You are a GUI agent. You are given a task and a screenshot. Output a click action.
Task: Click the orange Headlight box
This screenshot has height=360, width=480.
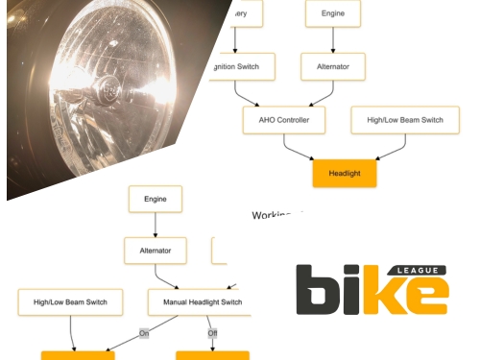[345, 173]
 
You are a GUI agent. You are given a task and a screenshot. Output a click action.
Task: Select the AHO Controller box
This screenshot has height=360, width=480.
[284, 120]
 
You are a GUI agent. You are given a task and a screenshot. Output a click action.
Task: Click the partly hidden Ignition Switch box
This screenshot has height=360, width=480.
[241, 66]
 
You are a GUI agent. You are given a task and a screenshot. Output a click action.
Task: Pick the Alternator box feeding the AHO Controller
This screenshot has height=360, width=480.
[332, 66]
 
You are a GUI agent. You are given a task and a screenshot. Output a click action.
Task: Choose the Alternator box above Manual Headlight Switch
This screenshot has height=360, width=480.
[156, 251]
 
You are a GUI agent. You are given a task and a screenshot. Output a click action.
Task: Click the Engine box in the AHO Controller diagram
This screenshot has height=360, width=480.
[332, 14]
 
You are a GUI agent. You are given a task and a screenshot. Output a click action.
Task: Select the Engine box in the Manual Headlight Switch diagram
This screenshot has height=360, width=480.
[156, 199]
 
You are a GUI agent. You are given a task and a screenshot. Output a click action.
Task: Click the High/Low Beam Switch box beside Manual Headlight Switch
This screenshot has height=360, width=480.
[70, 302]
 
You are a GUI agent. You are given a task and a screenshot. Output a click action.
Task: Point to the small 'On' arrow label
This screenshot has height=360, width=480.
[144, 333]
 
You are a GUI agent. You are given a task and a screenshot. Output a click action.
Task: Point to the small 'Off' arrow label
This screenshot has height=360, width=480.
[212, 333]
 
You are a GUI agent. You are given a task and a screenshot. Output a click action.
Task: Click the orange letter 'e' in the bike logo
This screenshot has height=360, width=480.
[421, 297]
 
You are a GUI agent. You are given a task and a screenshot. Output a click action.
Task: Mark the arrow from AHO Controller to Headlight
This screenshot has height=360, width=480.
[312, 149]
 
